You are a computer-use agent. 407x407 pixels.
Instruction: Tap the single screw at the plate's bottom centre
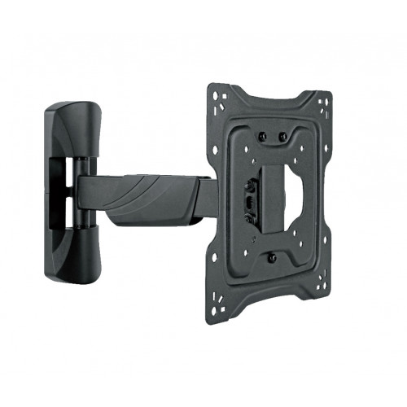pyautogui.click(x=271, y=258)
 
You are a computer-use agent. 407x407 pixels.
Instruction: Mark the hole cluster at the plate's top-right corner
pyautogui.click(x=324, y=104)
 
